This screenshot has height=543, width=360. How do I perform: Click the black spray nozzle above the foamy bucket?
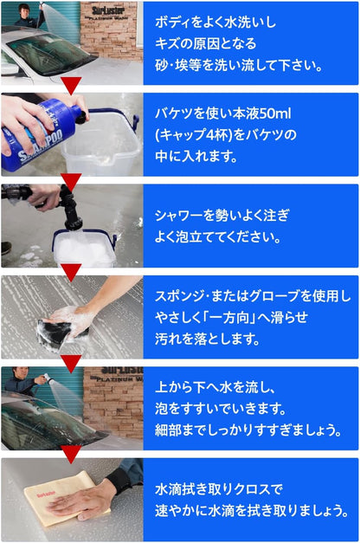tap(68, 209)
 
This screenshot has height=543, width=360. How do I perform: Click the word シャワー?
tap(181, 216)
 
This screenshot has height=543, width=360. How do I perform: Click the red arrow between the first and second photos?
tap(72, 85)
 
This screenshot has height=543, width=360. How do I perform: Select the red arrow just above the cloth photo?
tap(72, 454)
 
